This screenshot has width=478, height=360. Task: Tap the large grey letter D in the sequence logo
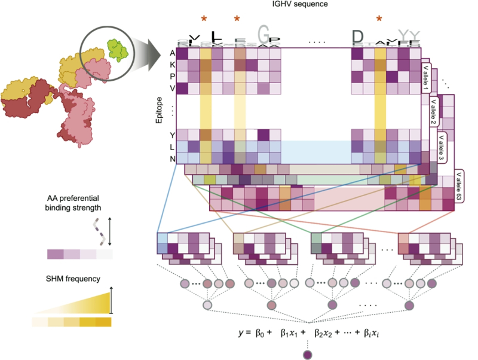coord(357,37)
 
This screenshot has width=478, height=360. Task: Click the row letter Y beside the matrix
coord(172,135)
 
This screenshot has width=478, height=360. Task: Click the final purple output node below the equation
coord(307,355)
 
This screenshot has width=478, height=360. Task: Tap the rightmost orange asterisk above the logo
coord(379,20)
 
